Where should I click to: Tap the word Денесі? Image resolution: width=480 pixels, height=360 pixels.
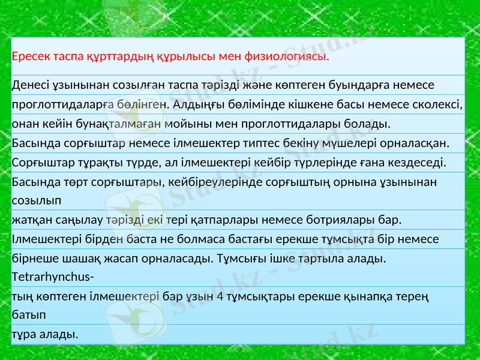click(31, 85)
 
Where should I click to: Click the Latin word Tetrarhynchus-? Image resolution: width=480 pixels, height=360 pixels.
click(52, 278)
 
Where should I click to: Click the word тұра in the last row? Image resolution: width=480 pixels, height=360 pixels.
click(24, 334)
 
